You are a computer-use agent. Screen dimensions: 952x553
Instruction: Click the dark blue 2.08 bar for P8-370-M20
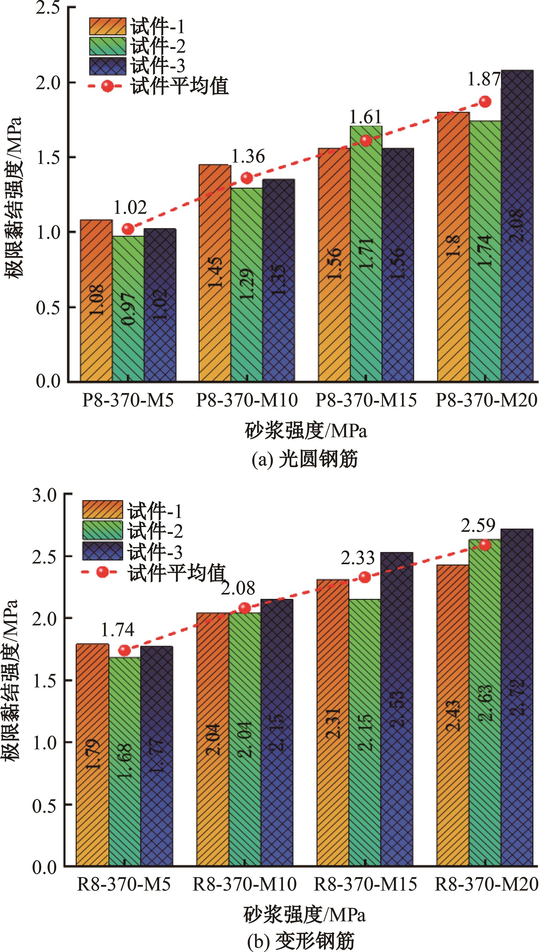[x=517, y=227]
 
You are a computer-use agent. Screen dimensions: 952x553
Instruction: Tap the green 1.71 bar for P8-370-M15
[x=366, y=253]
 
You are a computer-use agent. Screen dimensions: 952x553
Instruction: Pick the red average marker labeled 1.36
[x=247, y=178]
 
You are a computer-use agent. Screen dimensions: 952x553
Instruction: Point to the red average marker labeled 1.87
[x=485, y=101]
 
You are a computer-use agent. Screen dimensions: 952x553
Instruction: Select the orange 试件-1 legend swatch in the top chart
[x=108, y=27]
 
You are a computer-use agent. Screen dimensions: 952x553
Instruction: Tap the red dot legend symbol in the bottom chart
[x=101, y=572]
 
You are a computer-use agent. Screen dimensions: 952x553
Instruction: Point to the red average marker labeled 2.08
[x=245, y=608]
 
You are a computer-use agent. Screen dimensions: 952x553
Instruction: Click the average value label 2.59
[x=477, y=525]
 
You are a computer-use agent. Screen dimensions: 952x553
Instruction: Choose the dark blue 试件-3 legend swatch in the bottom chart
[x=103, y=551]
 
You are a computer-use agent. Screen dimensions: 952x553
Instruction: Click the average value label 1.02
[x=130, y=207]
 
